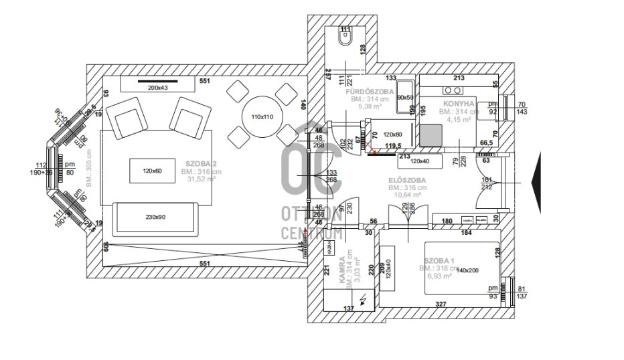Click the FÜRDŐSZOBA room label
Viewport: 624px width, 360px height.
click(x=370, y=91)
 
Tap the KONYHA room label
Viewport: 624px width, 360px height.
click(x=459, y=104)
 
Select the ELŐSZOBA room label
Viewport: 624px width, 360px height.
click(x=406, y=180)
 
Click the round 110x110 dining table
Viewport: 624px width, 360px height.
click(x=262, y=117)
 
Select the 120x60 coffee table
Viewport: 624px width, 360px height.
click(x=153, y=171)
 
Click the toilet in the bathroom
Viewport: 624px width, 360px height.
click(x=345, y=41)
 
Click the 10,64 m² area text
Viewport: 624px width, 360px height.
click(x=406, y=195)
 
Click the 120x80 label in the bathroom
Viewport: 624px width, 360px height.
click(x=394, y=134)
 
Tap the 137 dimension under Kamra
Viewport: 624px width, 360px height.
click(x=348, y=308)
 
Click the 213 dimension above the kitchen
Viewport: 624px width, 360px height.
click(x=459, y=78)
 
